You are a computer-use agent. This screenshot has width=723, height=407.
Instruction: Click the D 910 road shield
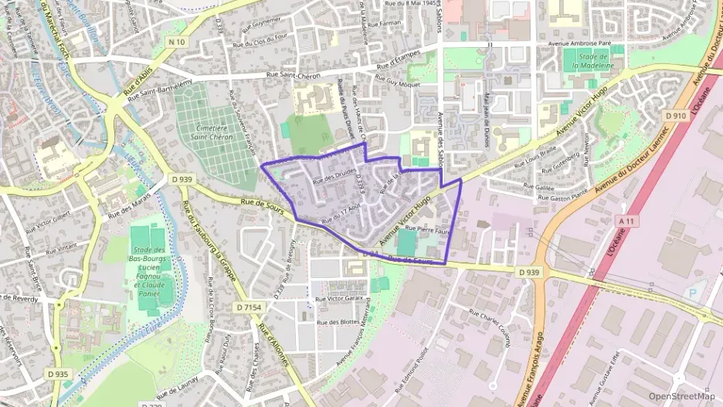tap(676, 115)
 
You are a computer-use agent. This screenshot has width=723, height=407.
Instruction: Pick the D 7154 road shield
tap(249, 307)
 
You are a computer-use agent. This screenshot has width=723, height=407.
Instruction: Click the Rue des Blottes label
tap(338, 321)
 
